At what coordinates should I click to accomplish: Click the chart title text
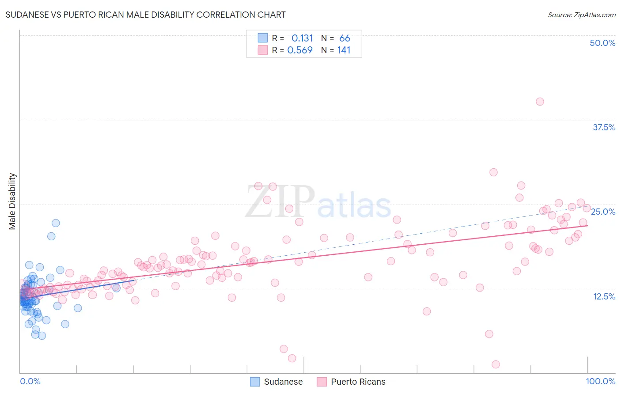(x=146, y=15)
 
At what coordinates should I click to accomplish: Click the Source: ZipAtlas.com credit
(x=581, y=15)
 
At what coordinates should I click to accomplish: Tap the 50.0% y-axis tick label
(x=602, y=43)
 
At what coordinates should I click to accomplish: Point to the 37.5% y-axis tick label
(x=604, y=127)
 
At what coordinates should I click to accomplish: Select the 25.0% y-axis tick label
(x=603, y=212)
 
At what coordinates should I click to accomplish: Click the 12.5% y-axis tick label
(x=604, y=296)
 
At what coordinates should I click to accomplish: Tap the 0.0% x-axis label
(x=30, y=381)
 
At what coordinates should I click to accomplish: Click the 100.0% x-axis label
(x=600, y=381)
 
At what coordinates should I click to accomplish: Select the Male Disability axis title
(x=12, y=201)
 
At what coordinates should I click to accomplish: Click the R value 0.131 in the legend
(x=302, y=38)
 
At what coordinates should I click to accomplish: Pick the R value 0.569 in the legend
(x=300, y=50)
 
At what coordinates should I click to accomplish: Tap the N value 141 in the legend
(x=344, y=50)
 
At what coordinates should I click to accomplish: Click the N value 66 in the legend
(x=345, y=38)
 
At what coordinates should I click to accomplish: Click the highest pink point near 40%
(x=540, y=102)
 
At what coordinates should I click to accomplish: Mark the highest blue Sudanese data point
(x=56, y=223)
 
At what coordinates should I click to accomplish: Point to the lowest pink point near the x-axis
(x=496, y=364)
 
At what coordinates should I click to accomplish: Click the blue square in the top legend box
(x=263, y=38)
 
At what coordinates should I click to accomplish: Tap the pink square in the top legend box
(x=263, y=50)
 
